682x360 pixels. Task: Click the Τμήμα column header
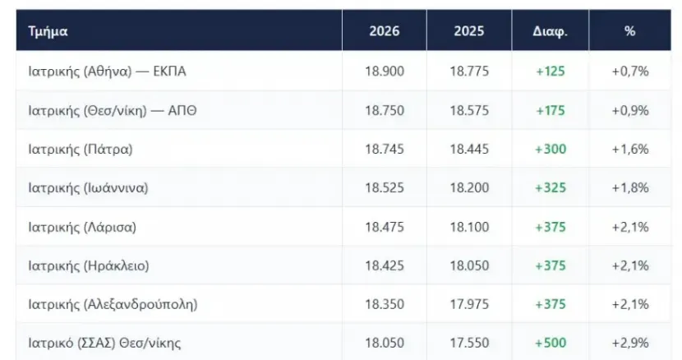(x=48, y=31)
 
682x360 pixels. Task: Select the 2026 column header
(x=384, y=31)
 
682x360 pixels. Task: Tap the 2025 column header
(x=469, y=31)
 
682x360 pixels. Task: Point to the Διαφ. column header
(x=551, y=31)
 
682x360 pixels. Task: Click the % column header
(x=629, y=31)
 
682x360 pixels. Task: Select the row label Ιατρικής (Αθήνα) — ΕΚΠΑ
(x=107, y=71)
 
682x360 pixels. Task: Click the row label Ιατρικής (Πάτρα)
(x=81, y=150)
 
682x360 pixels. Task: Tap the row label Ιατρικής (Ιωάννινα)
(x=88, y=188)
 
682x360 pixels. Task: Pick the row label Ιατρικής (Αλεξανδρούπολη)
(x=113, y=304)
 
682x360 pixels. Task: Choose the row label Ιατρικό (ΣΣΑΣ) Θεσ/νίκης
(x=104, y=343)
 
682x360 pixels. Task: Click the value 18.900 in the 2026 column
(x=384, y=71)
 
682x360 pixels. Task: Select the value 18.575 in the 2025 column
(x=469, y=111)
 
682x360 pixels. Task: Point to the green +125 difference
(x=551, y=71)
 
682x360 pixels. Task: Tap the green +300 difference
(x=551, y=150)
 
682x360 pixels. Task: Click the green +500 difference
(x=551, y=343)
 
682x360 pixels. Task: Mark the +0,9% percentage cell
(x=629, y=111)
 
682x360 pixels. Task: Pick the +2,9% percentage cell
(x=629, y=343)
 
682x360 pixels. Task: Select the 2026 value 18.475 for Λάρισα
(x=384, y=227)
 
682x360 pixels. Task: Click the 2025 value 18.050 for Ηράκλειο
(x=469, y=265)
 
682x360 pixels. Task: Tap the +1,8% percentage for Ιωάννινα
(x=629, y=188)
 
